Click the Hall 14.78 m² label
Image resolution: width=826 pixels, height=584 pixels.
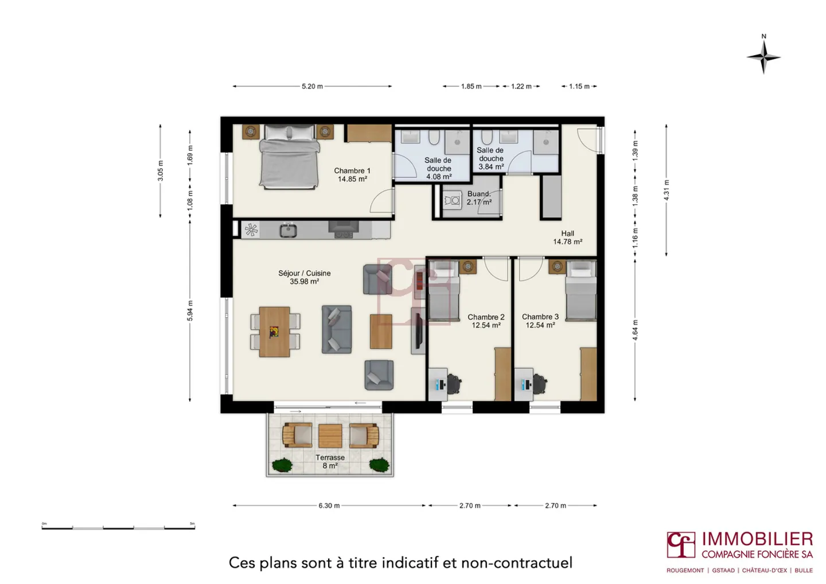click(567, 238)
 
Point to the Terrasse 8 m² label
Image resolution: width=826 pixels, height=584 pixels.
click(330, 461)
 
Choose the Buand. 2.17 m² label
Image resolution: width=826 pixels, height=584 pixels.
click(479, 198)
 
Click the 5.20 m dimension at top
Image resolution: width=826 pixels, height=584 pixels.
click(312, 87)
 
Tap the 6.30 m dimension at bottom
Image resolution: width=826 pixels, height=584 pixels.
click(329, 505)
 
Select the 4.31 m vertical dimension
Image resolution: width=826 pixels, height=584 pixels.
click(667, 190)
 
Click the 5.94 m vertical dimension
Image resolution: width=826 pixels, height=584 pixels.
click(190, 310)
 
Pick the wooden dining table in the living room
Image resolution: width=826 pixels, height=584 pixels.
click(274, 332)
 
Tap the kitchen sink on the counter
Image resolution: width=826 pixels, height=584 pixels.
click(288, 231)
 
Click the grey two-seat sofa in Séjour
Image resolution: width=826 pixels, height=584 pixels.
click(336, 329)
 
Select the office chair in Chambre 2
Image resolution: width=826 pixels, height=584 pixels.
click(453, 384)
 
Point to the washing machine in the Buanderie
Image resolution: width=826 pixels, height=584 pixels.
click(453, 200)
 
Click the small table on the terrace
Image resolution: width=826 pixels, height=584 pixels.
click(330, 436)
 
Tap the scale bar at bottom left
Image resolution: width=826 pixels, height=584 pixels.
click(118, 527)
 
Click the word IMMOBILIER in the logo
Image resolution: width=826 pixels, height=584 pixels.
click(757, 539)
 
